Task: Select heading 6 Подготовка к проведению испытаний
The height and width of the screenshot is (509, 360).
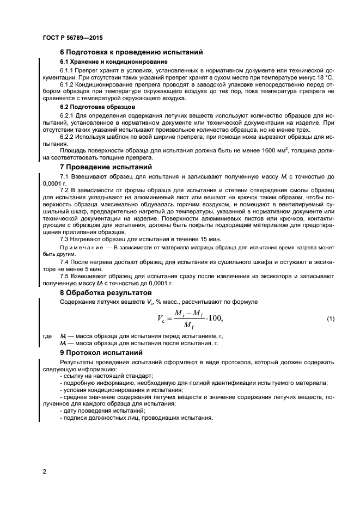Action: pos(131,52)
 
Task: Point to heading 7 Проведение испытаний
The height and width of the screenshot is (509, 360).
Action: pos(106,167)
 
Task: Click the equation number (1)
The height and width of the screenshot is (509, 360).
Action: pos(330,318)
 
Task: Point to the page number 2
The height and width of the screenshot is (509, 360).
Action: pos(44,470)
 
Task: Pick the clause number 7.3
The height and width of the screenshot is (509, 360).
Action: pos(65,240)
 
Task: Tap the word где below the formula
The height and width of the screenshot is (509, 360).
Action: pos(47,336)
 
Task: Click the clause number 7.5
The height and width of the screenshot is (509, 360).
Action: pos(65,277)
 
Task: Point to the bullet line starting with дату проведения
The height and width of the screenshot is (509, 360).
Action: pos(92,410)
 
